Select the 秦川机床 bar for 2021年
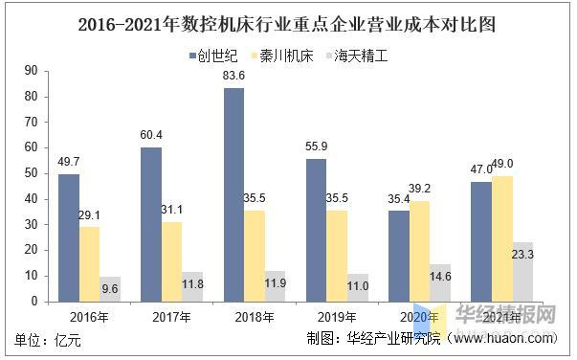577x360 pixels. (x=502, y=238)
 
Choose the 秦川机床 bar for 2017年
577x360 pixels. (x=172, y=261)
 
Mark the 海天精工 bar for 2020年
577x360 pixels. (x=440, y=282)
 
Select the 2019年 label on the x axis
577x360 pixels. (x=337, y=317)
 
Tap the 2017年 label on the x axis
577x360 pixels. (x=172, y=317)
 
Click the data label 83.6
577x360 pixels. (x=233, y=77)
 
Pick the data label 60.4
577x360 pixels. (x=151, y=135)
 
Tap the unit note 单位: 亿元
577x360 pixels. (x=49, y=339)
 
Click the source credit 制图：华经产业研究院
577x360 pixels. (x=373, y=339)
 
